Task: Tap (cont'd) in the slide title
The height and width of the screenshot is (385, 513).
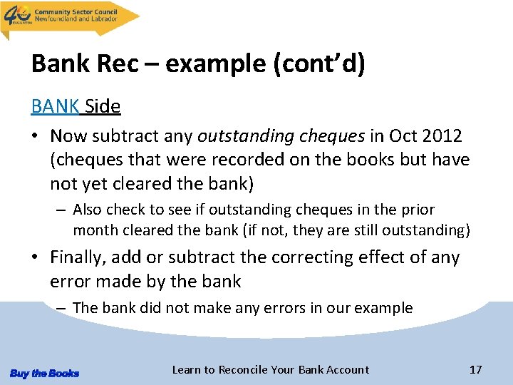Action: tap(319, 65)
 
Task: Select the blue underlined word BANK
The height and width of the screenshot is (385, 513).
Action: tap(56, 107)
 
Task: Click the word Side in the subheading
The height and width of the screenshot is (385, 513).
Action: tap(103, 107)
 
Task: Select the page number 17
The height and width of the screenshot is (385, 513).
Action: tap(475, 369)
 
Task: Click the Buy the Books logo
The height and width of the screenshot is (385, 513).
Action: tap(45, 373)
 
